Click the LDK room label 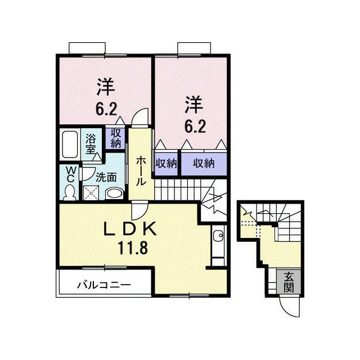(130, 229)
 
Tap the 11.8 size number (133, 247)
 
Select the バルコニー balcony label (103, 285)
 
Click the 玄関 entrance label (289, 282)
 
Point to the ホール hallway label (141, 171)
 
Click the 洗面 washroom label (106, 177)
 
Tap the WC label (70, 174)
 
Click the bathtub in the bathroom (70, 144)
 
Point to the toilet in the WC (70, 192)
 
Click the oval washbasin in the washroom (115, 193)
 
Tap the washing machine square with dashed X (91, 192)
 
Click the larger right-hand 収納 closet (204, 164)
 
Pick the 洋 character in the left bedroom (105, 87)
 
